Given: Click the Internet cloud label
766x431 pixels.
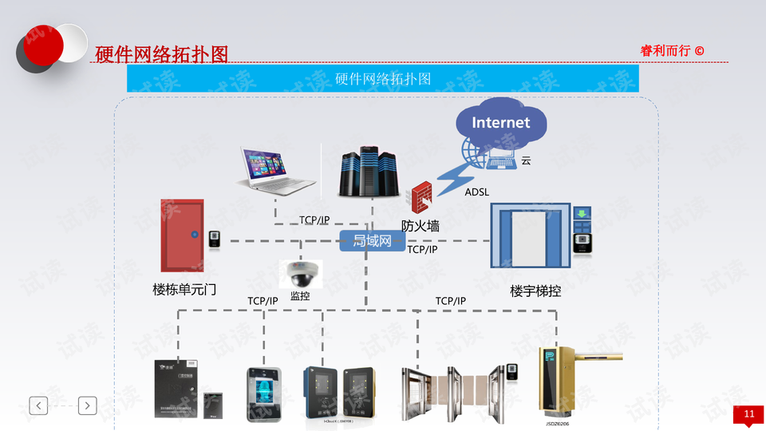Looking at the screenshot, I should click(500, 122).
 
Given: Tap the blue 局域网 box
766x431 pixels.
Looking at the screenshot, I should click(373, 240).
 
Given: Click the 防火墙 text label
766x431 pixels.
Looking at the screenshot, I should click(421, 226).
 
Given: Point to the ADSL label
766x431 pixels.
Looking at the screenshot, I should click(476, 192).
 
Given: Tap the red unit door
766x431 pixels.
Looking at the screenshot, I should click(183, 235).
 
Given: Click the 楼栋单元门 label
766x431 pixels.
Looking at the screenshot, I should click(184, 289).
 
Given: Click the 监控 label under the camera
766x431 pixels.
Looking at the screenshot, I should click(300, 296).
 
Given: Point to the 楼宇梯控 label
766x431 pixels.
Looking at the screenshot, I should click(535, 291).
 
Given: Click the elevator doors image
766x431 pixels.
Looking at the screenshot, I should click(531, 236).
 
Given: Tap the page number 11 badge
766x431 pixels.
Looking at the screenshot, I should click(748, 414).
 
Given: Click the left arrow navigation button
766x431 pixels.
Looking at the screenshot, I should click(38, 405).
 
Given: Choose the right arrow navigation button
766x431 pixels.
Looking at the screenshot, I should click(87, 405).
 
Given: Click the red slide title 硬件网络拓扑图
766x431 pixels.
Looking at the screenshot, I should click(161, 54).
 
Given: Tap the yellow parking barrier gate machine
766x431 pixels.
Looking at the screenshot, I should click(557, 381).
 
